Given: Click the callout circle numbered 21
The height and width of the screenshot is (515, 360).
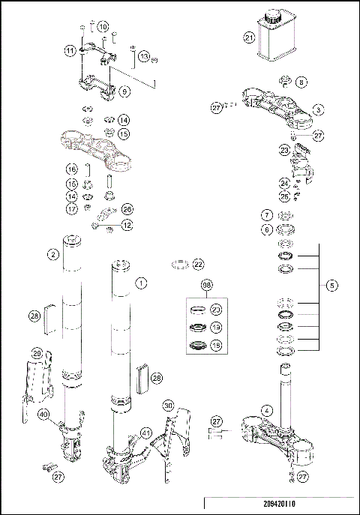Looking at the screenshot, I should [x=250, y=37].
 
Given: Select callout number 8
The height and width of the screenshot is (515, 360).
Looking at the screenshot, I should [x=301, y=81].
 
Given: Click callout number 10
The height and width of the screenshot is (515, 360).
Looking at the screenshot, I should [x=103, y=26].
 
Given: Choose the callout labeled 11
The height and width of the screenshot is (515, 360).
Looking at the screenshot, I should [x=69, y=51].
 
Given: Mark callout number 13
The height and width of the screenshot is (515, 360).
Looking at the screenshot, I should [x=145, y=56].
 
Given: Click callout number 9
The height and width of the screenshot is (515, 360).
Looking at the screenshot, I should [x=124, y=91].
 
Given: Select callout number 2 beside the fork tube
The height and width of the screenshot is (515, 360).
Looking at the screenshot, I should [x=53, y=255].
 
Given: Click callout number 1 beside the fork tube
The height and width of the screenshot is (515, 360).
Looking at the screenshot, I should [x=139, y=283].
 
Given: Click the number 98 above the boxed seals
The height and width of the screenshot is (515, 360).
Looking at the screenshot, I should [x=207, y=286].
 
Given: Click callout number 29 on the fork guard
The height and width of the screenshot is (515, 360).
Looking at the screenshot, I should [x=36, y=353].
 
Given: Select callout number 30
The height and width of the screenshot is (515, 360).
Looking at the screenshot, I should [x=168, y=406].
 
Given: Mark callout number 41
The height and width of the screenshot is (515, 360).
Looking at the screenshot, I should [x=146, y=433].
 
